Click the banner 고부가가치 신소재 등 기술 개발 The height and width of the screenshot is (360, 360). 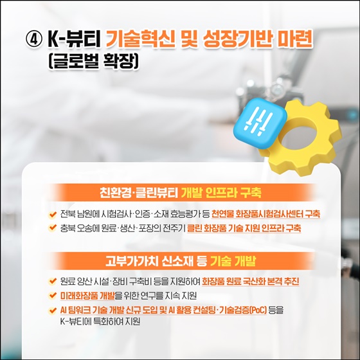180,262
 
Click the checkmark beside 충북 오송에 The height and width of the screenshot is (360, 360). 52,228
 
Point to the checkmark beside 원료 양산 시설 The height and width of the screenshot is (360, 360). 52,282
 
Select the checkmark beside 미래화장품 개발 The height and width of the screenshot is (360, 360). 52,296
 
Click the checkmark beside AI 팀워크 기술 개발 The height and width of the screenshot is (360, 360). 52,310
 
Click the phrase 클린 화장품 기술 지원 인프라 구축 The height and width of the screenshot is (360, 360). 248,228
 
